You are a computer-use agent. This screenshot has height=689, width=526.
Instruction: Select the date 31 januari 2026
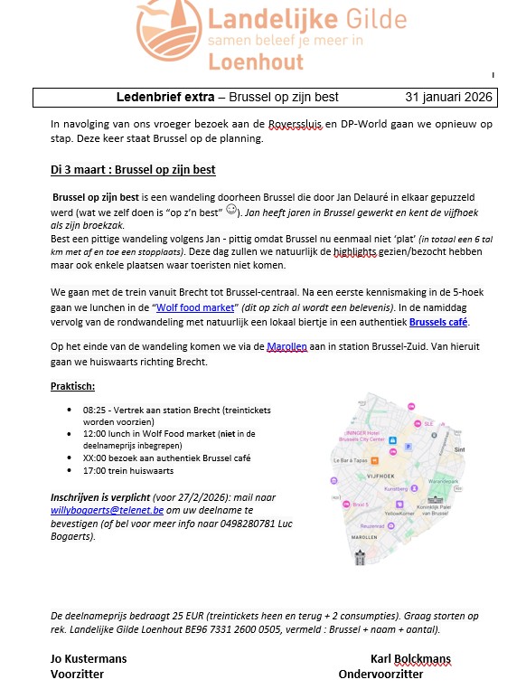pos(447,97)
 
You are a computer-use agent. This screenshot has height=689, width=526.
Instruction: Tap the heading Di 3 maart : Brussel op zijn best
pos(133,170)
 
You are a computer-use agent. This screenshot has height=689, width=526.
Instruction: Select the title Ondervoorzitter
pos(380,674)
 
